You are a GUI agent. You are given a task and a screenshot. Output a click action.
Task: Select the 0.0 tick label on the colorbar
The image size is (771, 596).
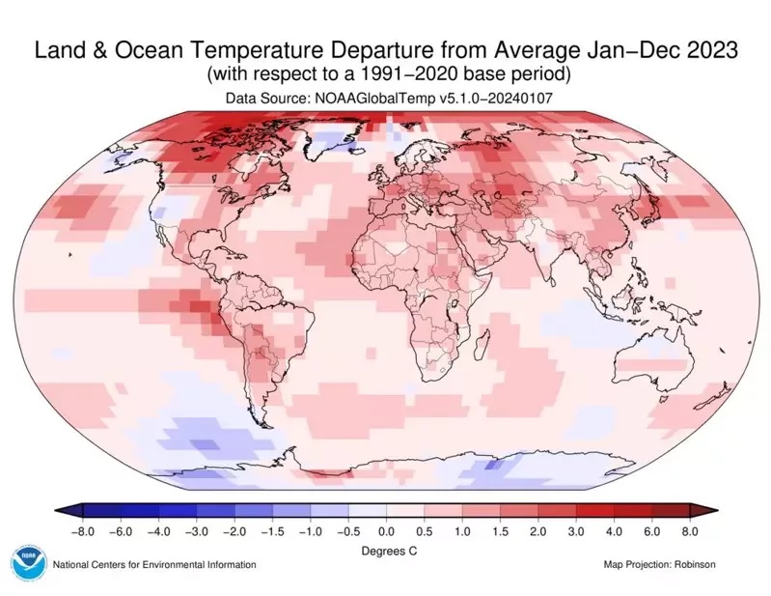click(385, 529)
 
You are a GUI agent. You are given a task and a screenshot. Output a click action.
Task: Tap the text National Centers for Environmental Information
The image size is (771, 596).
click(154, 565)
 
